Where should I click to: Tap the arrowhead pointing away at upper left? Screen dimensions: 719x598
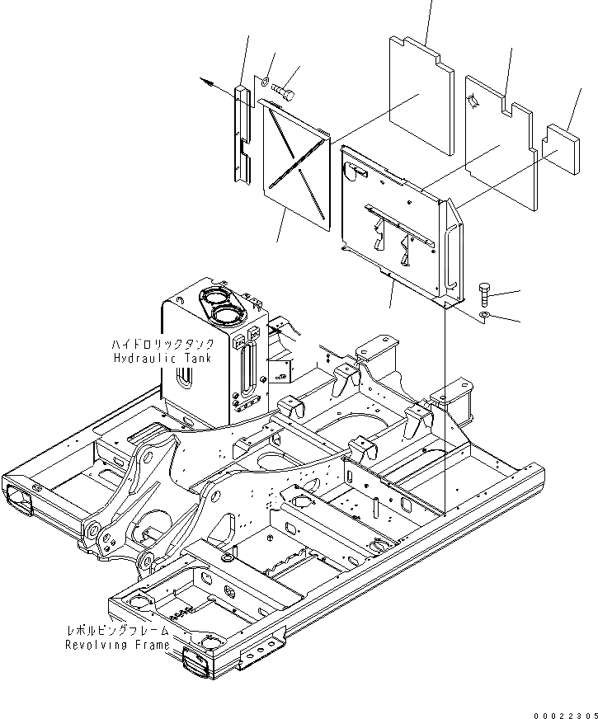[206, 82]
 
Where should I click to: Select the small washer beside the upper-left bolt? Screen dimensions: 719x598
[263, 82]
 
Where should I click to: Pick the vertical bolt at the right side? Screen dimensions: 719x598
[485, 294]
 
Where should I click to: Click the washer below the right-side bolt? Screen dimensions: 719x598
[487, 317]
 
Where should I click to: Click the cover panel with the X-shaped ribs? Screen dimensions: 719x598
[297, 165]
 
